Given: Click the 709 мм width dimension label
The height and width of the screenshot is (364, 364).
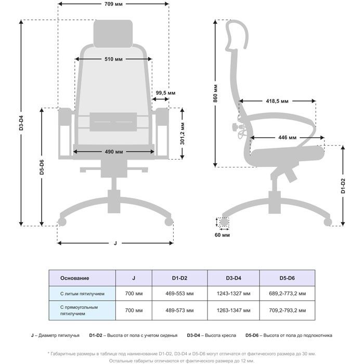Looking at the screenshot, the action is coord(113,4).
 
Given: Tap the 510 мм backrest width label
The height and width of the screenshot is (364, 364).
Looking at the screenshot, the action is coord(113,59).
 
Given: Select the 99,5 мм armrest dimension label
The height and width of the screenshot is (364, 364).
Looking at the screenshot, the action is coord(165,93).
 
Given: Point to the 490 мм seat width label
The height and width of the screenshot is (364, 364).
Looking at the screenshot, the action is coord(113,152).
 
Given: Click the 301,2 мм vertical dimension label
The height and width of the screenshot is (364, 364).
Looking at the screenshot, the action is coord(183,134).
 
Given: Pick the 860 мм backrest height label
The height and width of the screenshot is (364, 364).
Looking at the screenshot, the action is coord(215,94).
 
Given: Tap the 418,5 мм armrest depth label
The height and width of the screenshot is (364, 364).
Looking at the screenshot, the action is coord(277,101).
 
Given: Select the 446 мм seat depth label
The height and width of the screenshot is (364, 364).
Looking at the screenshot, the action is coord(288,138).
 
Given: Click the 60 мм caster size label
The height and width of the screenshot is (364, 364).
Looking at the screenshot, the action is coord(222,235).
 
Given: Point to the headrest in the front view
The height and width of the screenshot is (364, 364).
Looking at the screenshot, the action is coord(113,34).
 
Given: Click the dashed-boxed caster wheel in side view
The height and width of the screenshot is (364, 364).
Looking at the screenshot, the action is coord(224,222).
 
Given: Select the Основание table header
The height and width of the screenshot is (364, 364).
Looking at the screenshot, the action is coord(74,278).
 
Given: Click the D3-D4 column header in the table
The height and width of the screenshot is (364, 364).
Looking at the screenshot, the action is coord(233,278).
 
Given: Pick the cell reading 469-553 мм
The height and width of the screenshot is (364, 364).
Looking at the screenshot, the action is coord(179,294).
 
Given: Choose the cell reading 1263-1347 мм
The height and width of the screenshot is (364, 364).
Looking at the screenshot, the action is coord(233,310).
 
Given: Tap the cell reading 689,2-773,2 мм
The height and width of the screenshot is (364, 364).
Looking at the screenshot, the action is coord(288,294).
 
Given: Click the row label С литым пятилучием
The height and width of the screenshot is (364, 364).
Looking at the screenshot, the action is coord(82,294).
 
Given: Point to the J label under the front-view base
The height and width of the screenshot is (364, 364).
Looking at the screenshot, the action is coord(115,243).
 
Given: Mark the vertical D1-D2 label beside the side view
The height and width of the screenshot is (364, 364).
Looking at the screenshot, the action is coord(343,186).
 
